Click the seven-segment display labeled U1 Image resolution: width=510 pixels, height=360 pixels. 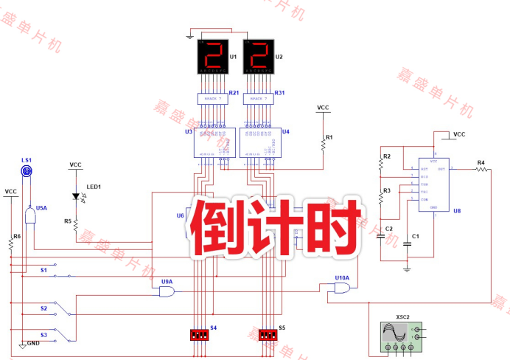(x=212, y=57)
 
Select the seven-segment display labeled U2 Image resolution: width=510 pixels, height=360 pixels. (x=258, y=57)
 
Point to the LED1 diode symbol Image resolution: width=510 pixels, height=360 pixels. (x=76, y=197)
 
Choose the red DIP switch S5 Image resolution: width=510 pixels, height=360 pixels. (x=268, y=334)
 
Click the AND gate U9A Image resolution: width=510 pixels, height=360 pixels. (x=167, y=292)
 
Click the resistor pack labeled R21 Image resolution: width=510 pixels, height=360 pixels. (x=212, y=98)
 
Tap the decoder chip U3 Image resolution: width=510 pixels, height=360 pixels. (x=214, y=142)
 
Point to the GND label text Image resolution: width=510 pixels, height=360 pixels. (x=34, y=345)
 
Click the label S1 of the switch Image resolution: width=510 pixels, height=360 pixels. (x=43, y=270)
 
